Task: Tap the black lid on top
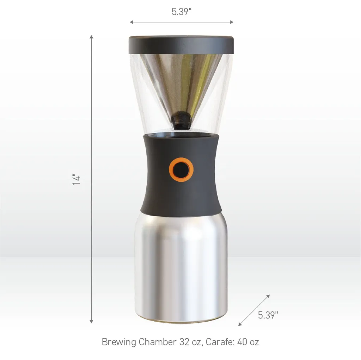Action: point(181,45)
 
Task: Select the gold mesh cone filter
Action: point(181,83)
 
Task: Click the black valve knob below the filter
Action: point(181,120)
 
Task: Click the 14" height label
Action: point(76,179)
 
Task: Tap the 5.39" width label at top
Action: point(182,12)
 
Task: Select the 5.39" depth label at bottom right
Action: point(268,315)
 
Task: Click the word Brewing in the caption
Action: point(119,342)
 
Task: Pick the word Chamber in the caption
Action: point(158,342)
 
